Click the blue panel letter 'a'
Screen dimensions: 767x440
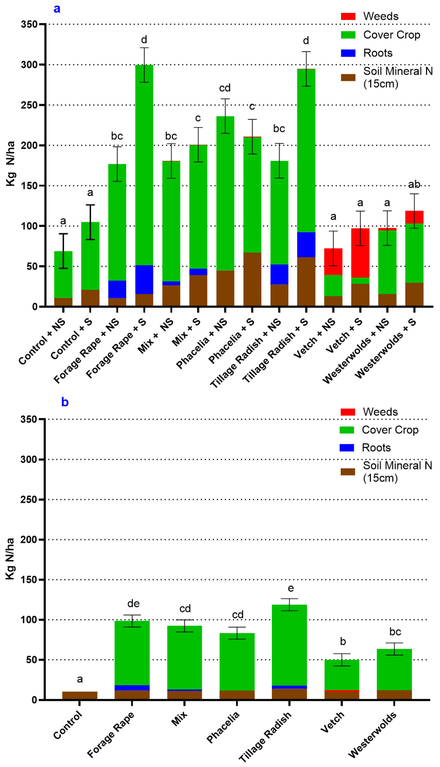pyautogui.click(x=57, y=9)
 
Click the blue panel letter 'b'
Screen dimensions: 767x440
pyautogui.click(x=65, y=402)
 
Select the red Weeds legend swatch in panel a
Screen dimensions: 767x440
pyautogui.click(x=348, y=16)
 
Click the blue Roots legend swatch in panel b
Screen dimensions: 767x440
pyautogui.click(x=346, y=448)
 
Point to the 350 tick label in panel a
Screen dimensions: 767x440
pyautogui.click(x=29, y=24)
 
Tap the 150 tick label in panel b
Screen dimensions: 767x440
pyautogui.click(x=28, y=580)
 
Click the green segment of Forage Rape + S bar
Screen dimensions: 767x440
pyautogui.click(x=144, y=165)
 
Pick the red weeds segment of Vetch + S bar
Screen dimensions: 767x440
pyautogui.click(x=360, y=253)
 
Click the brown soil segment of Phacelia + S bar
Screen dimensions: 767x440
pyautogui.click(x=252, y=279)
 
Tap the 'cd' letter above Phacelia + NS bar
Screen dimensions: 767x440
pyautogui.click(x=225, y=88)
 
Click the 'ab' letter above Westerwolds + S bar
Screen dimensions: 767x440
pyautogui.click(x=414, y=185)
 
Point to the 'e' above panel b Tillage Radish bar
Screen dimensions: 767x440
pyautogui.click(x=291, y=588)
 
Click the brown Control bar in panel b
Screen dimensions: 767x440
pyautogui.click(x=80, y=695)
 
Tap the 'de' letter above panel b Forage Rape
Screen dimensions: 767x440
pyautogui.click(x=133, y=603)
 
